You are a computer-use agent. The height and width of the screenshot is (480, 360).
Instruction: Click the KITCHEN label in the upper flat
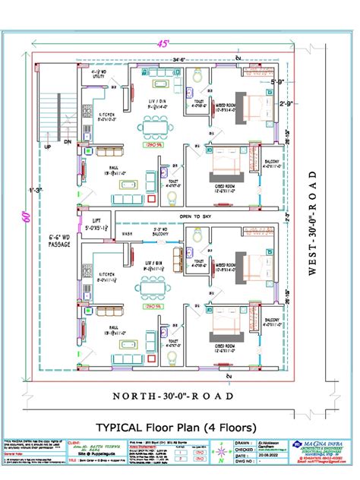point(106,115)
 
